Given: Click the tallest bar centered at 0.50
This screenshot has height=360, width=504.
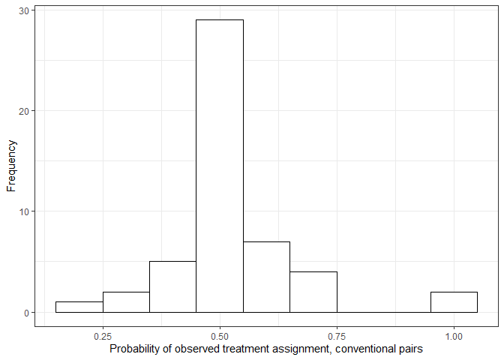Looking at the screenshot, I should [220, 165].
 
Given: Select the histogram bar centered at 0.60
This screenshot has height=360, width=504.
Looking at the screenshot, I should [266, 277].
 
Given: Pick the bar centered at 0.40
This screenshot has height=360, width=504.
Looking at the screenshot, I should [172, 286].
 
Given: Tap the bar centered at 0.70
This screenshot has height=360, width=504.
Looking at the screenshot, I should [313, 292].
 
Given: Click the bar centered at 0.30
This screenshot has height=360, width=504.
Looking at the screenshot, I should [126, 301].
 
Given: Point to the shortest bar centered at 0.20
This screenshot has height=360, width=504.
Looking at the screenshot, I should [79, 307].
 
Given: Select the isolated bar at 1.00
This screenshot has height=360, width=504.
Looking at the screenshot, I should [454, 301].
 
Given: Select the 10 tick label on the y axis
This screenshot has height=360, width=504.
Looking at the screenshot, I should [23, 211].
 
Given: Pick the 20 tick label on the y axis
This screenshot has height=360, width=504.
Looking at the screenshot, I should [23, 111].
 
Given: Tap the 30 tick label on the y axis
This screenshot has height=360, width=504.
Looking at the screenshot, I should [23, 10].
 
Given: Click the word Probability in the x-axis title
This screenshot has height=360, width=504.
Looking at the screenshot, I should [134, 349].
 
